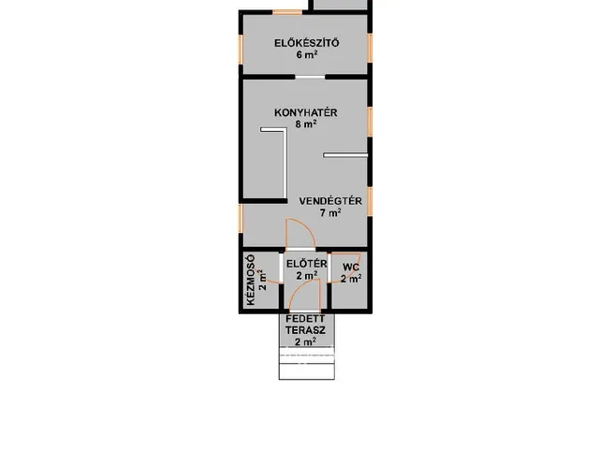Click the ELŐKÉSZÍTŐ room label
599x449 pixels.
(x=306, y=43)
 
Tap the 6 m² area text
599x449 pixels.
(x=307, y=54)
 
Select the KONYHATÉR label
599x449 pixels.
(x=306, y=112)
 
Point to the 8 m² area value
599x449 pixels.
(x=306, y=124)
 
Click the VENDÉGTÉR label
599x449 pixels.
(x=330, y=201)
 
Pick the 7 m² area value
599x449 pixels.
(x=330, y=212)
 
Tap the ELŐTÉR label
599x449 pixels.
(x=307, y=264)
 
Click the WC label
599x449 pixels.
(x=351, y=267)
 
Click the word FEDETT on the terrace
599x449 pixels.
(x=306, y=318)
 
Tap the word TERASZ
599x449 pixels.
(x=306, y=329)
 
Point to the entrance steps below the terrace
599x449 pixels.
(x=307, y=363)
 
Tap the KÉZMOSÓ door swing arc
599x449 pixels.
(x=272, y=282)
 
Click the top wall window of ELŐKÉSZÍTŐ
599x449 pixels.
(x=287, y=12)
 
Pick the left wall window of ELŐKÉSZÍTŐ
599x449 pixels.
(x=241, y=50)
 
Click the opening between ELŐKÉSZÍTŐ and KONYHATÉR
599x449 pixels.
(x=310, y=77)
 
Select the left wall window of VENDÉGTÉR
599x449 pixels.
(x=241, y=218)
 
